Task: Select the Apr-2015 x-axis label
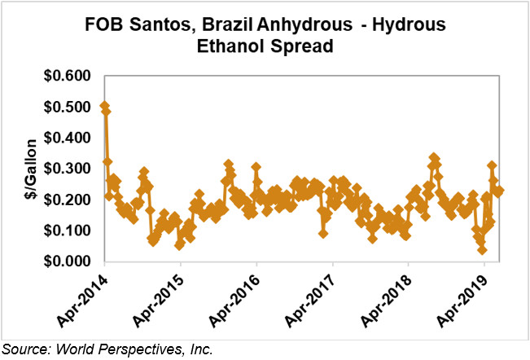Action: [165, 296]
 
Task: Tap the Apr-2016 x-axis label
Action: [241, 296]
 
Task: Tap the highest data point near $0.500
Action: [104, 107]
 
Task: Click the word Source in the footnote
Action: [23, 349]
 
